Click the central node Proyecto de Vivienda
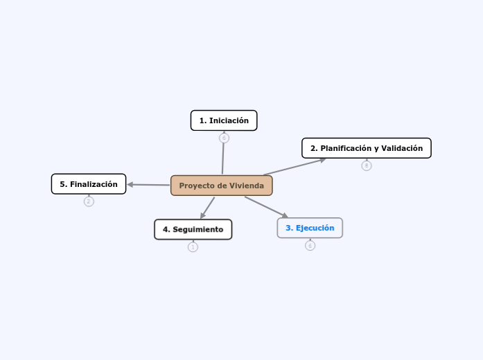(x=221, y=186)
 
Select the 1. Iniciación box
(x=224, y=120)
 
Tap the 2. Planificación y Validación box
(x=366, y=148)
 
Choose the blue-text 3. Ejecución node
(x=310, y=228)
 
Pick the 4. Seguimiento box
(x=193, y=229)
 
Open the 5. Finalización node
(x=89, y=184)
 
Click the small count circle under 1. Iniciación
(x=224, y=138)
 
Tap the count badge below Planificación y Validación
(x=367, y=165)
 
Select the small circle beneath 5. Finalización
(x=89, y=201)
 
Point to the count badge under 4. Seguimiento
(x=193, y=247)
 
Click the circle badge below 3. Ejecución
(x=310, y=246)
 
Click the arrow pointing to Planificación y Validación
(x=295, y=167)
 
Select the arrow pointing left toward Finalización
(x=148, y=185)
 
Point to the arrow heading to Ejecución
(x=266, y=208)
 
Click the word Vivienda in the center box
(x=245, y=186)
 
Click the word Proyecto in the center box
(x=196, y=186)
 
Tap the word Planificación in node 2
(x=344, y=148)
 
